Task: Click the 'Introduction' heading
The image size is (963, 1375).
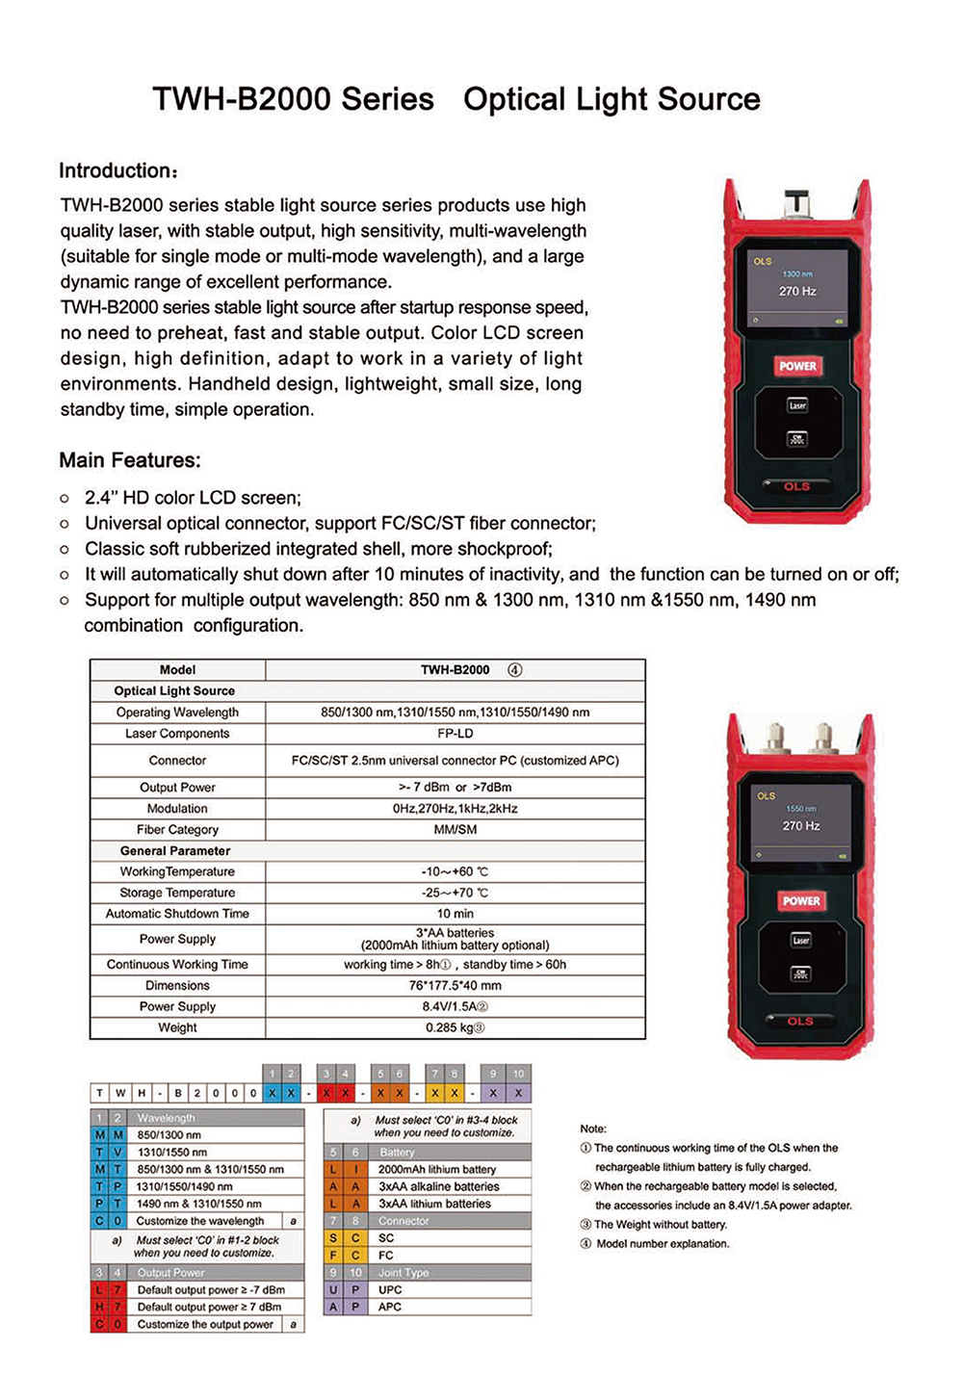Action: pyautogui.click(x=118, y=171)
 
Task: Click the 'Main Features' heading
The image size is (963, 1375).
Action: pyautogui.click(x=130, y=460)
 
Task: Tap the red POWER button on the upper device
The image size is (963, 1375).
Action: pyautogui.click(x=797, y=366)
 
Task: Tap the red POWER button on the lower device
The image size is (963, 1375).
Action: pyautogui.click(x=801, y=900)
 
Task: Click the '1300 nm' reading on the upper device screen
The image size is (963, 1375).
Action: pyautogui.click(x=797, y=274)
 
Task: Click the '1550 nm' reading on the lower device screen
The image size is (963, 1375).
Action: pyautogui.click(x=801, y=809)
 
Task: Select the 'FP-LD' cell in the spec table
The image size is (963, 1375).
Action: pyautogui.click(x=455, y=734)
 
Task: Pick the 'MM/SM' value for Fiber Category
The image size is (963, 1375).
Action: pyautogui.click(x=455, y=829)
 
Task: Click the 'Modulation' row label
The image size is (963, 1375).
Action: pyautogui.click(x=177, y=809)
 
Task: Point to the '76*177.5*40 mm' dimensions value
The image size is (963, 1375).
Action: pyautogui.click(x=455, y=985)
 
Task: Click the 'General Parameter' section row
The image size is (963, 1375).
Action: pyautogui.click(x=175, y=851)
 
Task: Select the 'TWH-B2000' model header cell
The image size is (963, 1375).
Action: pyautogui.click(x=455, y=670)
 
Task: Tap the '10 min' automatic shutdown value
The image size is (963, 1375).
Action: pyautogui.click(x=455, y=914)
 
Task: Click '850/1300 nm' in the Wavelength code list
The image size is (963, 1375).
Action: pyautogui.click(x=169, y=1135)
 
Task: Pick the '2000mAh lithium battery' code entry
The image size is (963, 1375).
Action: pyautogui.click(x=437, y=1169)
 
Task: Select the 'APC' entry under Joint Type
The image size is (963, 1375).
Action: pyautogui.click(x=390, y=1307)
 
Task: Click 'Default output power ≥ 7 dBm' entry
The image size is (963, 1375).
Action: pyautogui.click(x=210, y=1307)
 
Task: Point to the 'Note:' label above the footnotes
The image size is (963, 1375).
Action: pyautogui.click(x=593, y=1129)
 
